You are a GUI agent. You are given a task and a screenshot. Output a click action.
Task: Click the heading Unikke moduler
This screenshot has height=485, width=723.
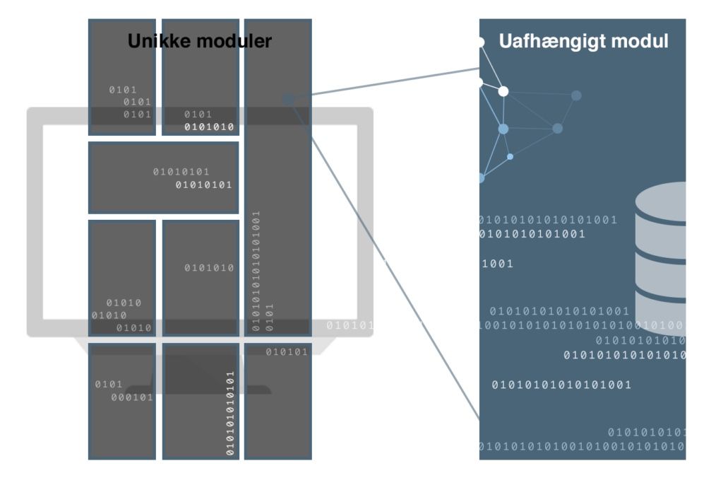(x=199, y=42)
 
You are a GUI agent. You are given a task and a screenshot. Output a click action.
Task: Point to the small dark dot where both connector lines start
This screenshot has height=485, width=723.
(x=288, y=99)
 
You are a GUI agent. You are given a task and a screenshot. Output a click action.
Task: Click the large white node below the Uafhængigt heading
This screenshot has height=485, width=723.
(x=503, y=91)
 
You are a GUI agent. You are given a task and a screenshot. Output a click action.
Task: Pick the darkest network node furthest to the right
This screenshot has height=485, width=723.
(x=576, y=95)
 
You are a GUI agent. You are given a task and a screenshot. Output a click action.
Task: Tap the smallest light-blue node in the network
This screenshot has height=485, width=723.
(x=510, y=156)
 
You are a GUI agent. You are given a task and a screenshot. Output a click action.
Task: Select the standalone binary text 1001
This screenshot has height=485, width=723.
(x=498, y=264)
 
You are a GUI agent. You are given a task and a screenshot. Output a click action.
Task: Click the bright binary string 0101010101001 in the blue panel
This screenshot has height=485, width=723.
(x=532, y=234)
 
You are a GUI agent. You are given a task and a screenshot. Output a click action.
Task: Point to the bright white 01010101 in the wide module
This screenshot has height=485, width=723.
(x=203, y=185)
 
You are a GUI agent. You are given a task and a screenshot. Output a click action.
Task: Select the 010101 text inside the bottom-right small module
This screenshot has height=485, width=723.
(x=287, y=352)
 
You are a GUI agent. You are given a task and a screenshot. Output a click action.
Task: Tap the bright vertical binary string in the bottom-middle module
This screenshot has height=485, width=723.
(x=229, y=413)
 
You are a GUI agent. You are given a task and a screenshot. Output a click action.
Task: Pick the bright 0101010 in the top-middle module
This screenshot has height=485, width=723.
(x=209, y=127)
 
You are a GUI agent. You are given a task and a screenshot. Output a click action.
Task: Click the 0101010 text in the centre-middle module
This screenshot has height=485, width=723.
(x=209, y=268)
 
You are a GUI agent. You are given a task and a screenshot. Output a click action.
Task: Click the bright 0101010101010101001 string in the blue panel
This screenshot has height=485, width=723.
(x=561, y=385)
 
